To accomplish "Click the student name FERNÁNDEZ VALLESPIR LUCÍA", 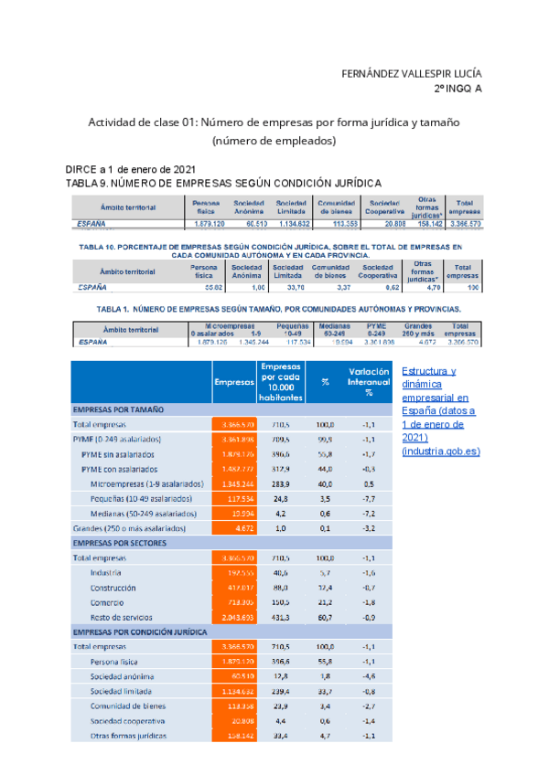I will (x=411, y=73).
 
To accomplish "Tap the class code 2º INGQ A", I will (x=457, y=89).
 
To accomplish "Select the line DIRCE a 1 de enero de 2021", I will (x=118, y=170).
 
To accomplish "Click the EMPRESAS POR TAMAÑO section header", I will (x=118, y=410).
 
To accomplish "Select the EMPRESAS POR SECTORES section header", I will (x=119, y=542).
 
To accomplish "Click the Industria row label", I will (x=106, y=572).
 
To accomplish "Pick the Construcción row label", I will (x=113, y=588).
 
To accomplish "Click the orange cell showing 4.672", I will (x=237, y=528).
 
